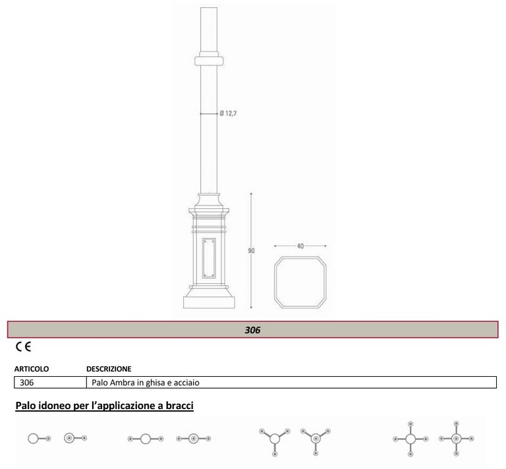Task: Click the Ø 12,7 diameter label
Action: tap(228, 113)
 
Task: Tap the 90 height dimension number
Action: tap(252, 250)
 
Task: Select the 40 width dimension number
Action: tap(300, 246)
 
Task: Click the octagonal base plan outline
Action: tap(275, 282)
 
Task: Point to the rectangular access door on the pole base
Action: tap(209, 258)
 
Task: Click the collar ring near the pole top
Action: tap(209, 61)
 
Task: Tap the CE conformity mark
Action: tap(23, 346)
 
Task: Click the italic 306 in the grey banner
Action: tap(253, 330)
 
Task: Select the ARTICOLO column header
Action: tap(32, 369)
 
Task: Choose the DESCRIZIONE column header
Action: tap(109, 369)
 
